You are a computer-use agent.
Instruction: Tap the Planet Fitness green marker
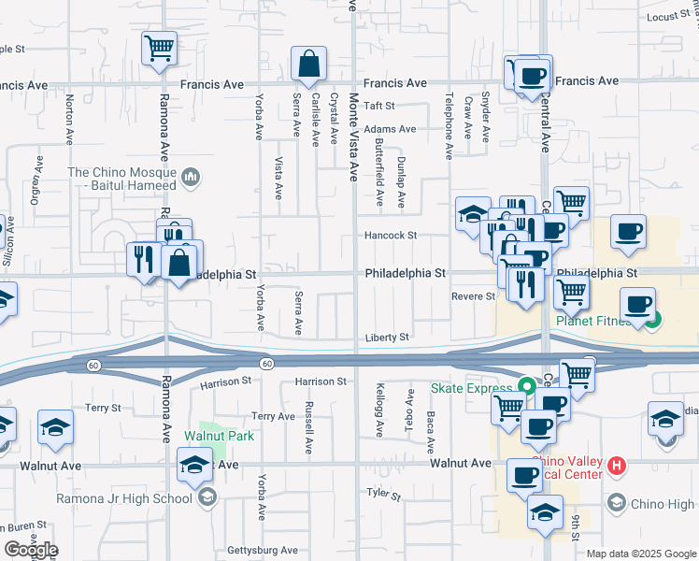[653, 322]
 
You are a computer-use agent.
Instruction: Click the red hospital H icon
[616, 465]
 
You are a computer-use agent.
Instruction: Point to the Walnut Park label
[219, 436]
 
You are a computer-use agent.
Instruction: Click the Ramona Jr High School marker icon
[207, 498]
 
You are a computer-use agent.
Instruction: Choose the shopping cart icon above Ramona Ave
[160, 48]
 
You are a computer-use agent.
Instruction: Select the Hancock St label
[391, 236]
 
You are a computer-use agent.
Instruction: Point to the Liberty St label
[387, 338]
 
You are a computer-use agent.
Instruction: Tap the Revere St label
[473, 296]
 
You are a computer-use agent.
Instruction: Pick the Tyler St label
[377, 493]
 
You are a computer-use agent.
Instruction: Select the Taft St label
[380, 107]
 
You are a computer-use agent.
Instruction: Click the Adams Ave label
[390, 129]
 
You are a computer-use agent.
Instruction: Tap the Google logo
[30, 550]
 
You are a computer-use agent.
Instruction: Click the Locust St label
[668, 17]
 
